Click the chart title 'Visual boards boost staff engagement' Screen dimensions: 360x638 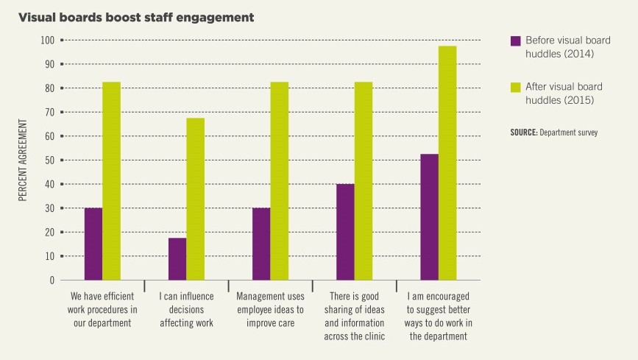pyautogui.click(x=138, y=17)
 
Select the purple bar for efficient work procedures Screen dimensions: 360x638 pyautogui.click(x=93, y=244)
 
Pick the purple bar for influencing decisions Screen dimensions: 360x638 pyautogui.click(x=177, y=258)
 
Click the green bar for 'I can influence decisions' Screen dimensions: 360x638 pyautogui.click(x=195, y=199)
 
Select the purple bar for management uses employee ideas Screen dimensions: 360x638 pyautogui.click(x=261, y=244)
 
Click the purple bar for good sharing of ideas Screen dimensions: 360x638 pyautogui.click(x=345, y=232)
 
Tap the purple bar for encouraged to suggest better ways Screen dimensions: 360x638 pyautogui.click(x=429, y=217)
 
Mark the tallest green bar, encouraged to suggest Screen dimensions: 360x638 pyautogui.click(x=447, y=163)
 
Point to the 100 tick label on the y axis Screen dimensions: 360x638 pyautogui.click(x=47, y=40)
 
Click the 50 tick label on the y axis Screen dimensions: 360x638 pyautogui.click(x=49, y=160)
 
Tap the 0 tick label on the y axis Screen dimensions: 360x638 pyautogui.click(x=52, y=280)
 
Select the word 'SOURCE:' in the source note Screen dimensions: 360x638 pyautogui.click(x=523, y=133)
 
